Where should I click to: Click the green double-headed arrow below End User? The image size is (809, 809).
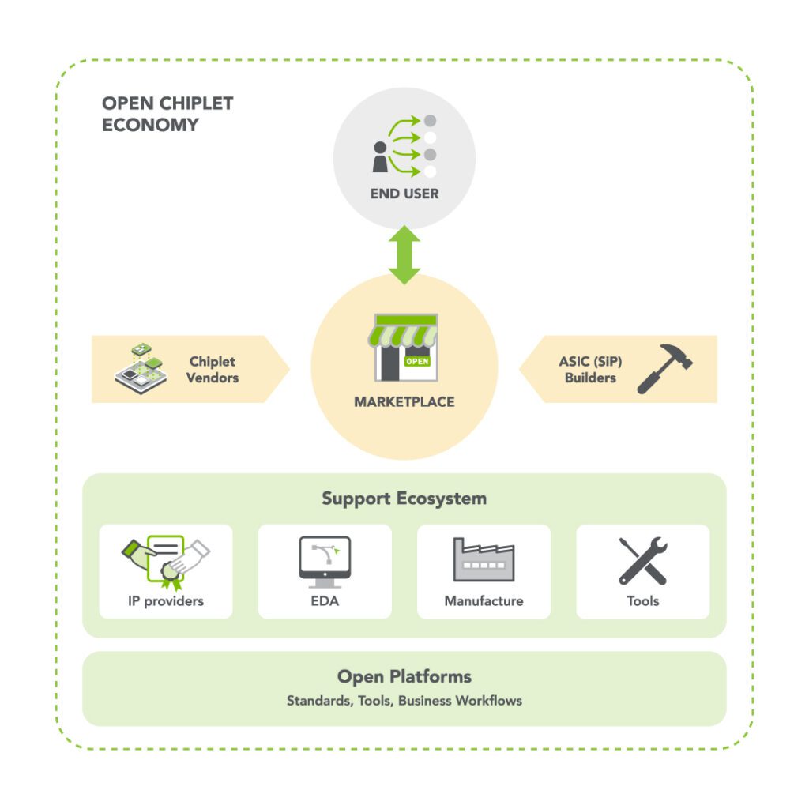(404, 255)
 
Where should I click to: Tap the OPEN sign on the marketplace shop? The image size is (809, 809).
(417, 361)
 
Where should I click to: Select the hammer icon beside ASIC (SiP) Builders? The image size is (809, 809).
(664, 369)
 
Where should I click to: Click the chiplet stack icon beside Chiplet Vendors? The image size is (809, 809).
(141, 368)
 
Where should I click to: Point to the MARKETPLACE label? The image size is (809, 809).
(404, 402)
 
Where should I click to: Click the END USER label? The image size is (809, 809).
(404, 194)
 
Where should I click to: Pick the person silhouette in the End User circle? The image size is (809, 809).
(380, 157)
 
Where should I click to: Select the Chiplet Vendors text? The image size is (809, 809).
(213, 369)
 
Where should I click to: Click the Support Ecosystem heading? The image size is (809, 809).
(404, 499)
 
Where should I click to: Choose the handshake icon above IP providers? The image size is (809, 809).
(166, 560)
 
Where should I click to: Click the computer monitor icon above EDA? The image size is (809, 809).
(325, 562)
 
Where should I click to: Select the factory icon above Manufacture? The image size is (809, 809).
(484, 560)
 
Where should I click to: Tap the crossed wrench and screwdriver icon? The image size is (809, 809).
(642, 561)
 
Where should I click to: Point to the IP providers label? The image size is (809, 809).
(166, 601)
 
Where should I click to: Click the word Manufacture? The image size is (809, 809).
(484, 601)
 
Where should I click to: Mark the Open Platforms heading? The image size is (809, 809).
(404, 677)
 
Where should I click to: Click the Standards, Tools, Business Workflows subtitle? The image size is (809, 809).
(404, 701)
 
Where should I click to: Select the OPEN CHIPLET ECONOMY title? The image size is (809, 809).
(167, 114)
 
